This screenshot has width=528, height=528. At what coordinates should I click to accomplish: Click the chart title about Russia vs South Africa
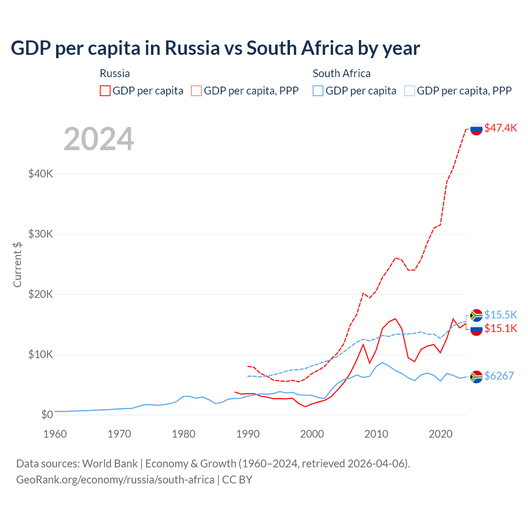click(215, 48)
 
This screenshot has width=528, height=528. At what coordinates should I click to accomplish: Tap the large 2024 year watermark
click(99, 139)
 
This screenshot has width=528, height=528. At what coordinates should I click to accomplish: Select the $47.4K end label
click(500, 128)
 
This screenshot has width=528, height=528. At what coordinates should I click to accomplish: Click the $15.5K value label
click(500, 315)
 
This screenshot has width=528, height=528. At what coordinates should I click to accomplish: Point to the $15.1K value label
click(500, 328)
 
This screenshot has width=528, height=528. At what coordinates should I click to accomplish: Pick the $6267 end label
click(499, 376)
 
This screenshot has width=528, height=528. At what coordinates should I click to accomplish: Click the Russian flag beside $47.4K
click(476, 129)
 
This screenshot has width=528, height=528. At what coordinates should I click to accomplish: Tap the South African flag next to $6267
click(476, 377)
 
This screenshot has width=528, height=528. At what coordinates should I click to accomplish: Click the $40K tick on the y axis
click(40, 174)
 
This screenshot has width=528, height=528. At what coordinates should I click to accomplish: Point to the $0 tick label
click(47, 415)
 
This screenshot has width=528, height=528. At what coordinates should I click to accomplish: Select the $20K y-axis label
click(40, 294)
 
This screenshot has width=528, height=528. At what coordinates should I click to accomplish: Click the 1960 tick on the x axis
click(55, 434)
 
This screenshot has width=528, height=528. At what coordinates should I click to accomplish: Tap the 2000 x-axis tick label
click(312, 434)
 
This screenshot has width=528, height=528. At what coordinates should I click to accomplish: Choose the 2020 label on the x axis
click(441, 434)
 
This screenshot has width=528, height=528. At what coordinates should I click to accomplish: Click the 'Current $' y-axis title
click(17, 265)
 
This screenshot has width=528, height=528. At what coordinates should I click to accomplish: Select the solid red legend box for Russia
click(105, 91)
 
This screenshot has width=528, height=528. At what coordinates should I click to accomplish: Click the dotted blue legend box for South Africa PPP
click(410, 91)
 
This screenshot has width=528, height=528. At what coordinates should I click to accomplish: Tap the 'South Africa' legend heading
click(342, 73)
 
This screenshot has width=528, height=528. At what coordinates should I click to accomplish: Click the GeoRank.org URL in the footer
click(115, 480)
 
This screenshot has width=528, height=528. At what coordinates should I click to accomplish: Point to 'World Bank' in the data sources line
click(110, 464)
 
